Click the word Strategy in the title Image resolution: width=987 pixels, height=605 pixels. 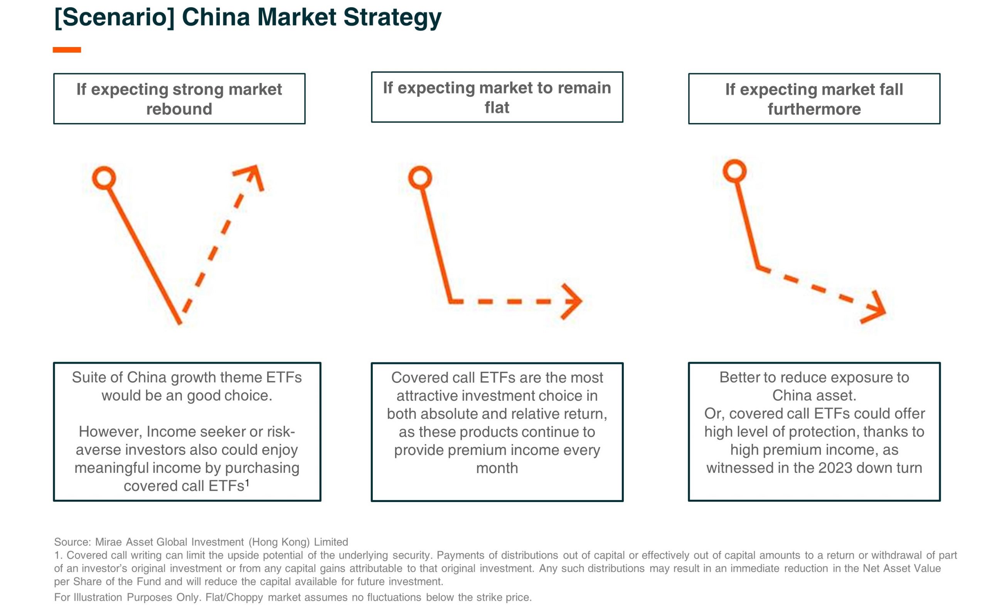click(392, 18)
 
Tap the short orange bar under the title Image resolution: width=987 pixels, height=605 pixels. click(67, 50)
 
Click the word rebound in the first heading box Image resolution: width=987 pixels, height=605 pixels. click(179, 109)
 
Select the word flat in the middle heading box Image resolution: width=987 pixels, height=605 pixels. click(497, 107)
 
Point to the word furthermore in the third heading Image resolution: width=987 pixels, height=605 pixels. click(814, 109)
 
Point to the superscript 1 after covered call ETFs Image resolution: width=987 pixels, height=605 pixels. click(247, 483)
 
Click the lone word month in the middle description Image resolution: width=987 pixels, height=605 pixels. click(497, 468)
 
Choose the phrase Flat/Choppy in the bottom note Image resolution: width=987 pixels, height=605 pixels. click(234, 597)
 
